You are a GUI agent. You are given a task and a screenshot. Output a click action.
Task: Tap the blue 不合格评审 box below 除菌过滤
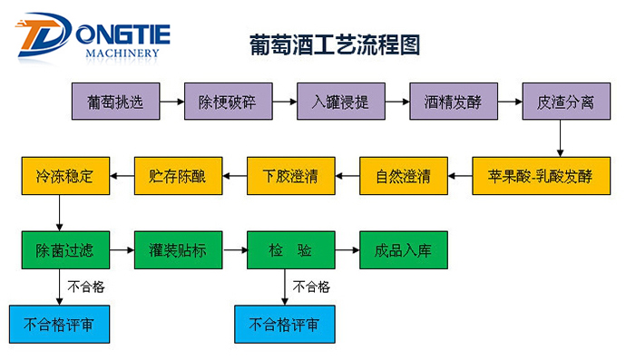pyautogui.click(x=54, y=323)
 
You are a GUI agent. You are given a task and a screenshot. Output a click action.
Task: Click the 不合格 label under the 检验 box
pyautogui.click(x=312, y=287)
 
